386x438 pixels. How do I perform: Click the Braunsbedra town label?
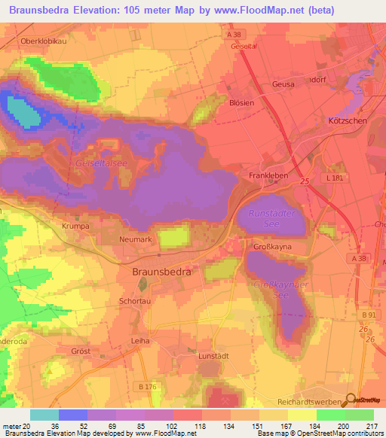click(x=161, y=273)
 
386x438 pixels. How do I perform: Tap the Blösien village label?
click(x=241, y=103)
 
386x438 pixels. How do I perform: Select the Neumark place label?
click(x=136, y=239)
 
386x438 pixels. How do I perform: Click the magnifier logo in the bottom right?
click(x=350, y=400)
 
